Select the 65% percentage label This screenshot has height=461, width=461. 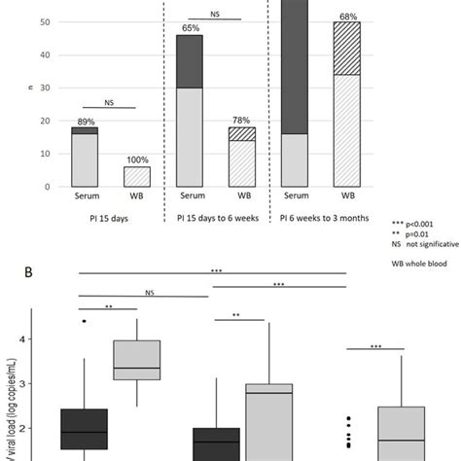click(x=190, y=28)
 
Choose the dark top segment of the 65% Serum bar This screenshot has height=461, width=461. click(x=190, y=61)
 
